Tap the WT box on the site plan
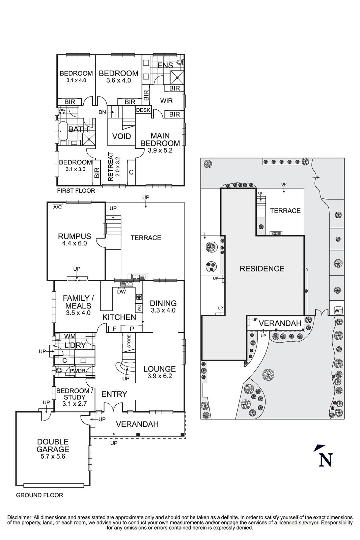pos(338,310)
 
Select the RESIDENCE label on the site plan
pos(262,269)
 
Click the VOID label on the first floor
pos(121,136)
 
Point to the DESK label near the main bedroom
pos(142,110)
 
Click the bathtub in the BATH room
pos(63,129)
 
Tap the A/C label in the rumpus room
pos(57,207)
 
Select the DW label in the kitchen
pos(121,292)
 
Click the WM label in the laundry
pos(70,336)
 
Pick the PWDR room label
pos(77,371)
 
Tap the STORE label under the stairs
pos(129,341)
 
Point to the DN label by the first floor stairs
pos(102,112)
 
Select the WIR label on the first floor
pos(166,101)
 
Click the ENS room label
pos(165,65)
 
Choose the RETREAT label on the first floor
pos(110,167)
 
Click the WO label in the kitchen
pos(138,308)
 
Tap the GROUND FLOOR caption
pos(39,495)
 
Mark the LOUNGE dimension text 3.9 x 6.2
pos(160,376)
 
